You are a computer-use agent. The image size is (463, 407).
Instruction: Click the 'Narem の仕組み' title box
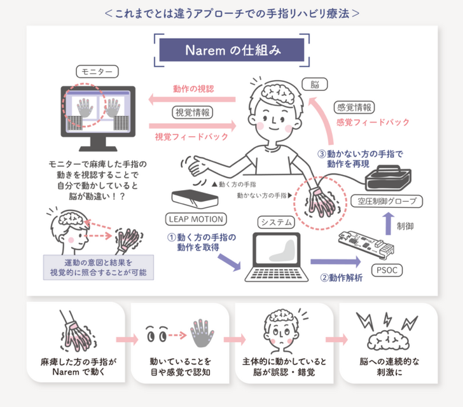[x=231, y=50]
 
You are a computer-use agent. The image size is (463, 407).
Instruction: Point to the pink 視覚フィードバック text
[x=191, y=136]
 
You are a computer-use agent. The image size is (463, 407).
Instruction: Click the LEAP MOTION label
[x=196, y=219]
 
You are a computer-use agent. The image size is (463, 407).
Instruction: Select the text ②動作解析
[x=342, y=278]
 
